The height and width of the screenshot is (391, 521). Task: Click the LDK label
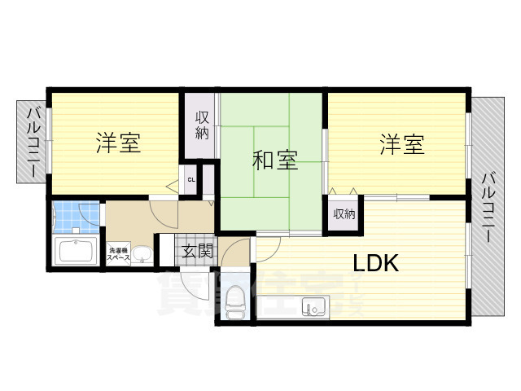point(375,263)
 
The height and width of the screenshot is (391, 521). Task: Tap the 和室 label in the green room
point(274,160)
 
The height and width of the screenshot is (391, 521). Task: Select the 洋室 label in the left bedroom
point(118,144)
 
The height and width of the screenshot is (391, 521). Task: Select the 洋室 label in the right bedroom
point(401,146)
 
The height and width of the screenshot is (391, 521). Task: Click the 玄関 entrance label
point(196,251)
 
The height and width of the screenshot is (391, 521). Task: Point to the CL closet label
point(191,180)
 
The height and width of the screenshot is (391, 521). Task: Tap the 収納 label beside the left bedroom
point(202,125)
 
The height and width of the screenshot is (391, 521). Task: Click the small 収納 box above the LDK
point(344,214)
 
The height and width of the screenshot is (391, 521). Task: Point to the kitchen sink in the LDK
point(314,307)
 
